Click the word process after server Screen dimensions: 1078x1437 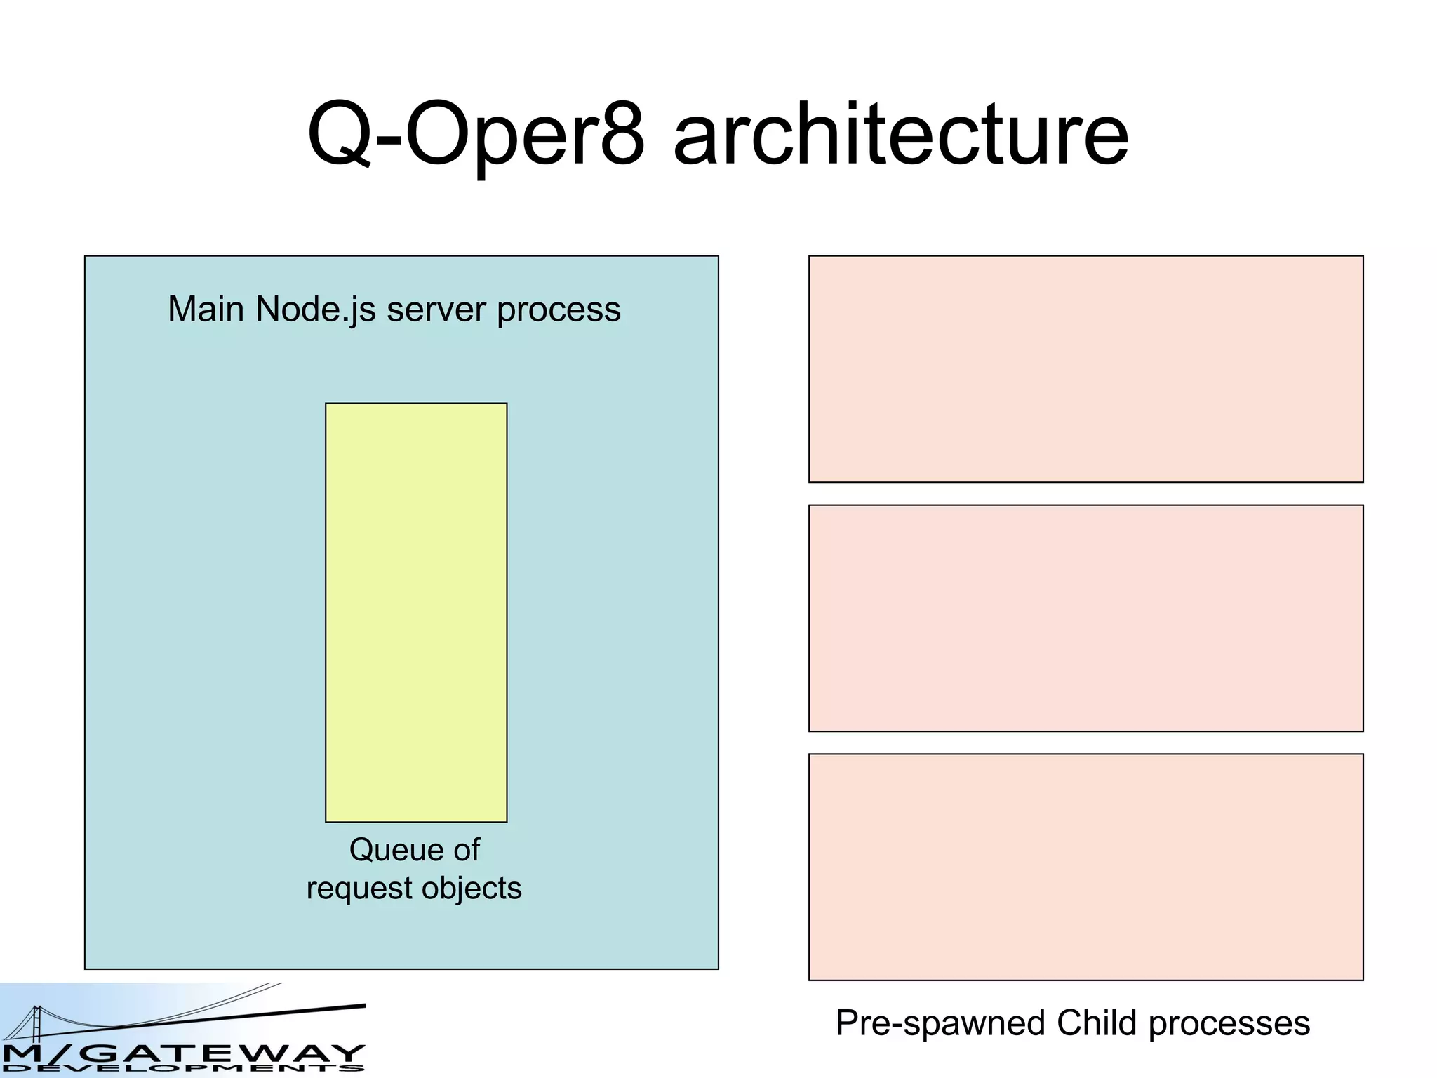click(559, 310)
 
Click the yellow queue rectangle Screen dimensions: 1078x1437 click(416, 612)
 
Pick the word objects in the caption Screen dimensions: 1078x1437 click(472, 889)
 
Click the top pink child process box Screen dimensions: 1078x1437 click(1085, 369)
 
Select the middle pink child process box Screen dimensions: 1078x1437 click(1085, 618)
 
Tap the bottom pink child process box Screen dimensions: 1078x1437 click(1085, 867)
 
